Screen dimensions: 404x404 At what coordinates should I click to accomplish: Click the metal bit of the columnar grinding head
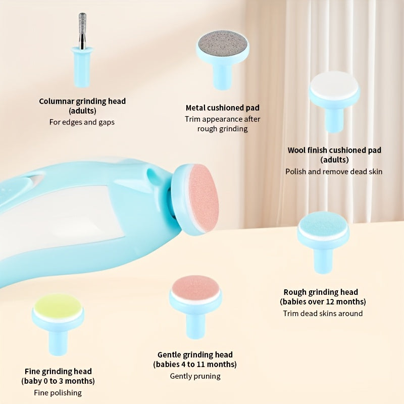coord(82,30)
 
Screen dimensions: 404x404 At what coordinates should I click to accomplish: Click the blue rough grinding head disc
coord(323,226)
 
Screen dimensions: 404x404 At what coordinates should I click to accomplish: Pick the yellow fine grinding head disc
coord(58,306)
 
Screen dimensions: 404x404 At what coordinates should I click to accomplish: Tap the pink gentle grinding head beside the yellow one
coord(195,288)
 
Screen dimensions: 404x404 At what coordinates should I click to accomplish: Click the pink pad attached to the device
coord(204,197)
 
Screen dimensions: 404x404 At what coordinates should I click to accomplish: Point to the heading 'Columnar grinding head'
coord(82,101)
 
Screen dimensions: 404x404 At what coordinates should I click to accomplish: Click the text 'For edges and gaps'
coord(82,122)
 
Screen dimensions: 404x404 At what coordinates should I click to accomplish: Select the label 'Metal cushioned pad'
coord(222,108)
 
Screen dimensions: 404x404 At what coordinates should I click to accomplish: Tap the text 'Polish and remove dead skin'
coord(334,171)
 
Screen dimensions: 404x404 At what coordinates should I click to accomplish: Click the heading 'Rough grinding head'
coord(321,292)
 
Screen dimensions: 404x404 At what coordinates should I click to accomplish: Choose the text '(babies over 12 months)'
coord(323,302)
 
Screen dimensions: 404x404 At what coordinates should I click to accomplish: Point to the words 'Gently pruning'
coord(195,376)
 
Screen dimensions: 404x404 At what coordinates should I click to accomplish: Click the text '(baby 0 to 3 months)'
coord(58,381)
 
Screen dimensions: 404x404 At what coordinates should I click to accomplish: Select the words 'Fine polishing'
coord(58,392)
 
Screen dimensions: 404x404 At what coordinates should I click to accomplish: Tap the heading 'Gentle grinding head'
coord(195,355)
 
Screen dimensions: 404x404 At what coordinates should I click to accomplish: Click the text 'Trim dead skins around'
coord(323,313)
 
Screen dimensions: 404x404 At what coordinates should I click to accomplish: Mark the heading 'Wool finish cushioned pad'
coord(334,150)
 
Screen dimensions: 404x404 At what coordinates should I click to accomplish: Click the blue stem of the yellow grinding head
coord(58,340)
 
